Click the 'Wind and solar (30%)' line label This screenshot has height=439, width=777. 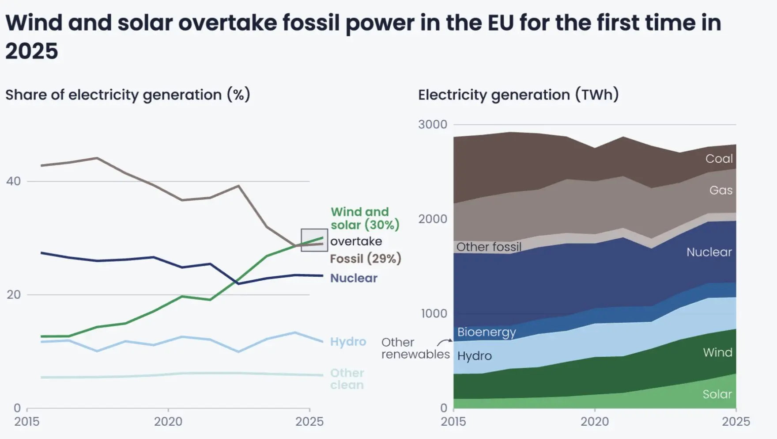[365, 218]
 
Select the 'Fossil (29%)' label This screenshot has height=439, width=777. [365, 259]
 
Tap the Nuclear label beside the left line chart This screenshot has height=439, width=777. [354, 278]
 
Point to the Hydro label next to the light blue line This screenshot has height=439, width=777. [348, 342]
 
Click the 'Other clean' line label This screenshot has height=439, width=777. [347, 379]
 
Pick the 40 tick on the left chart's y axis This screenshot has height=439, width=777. [14, 181]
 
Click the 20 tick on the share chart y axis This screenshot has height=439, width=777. [14, 295]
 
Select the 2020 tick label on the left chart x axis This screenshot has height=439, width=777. [168, 422]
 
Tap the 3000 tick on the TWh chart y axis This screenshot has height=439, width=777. [432, 125]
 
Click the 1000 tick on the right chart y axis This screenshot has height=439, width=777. [434, 314]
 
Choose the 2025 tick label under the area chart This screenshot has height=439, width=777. [736, 422]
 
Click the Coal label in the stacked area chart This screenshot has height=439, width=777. [719, 159]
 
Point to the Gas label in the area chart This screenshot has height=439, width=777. [720, 191]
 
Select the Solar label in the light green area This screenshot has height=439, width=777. [717, 394]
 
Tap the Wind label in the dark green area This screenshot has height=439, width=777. [717, 352]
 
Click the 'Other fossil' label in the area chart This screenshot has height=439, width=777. [489, 247]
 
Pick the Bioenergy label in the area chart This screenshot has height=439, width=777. [487, 332]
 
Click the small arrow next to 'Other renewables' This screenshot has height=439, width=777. [444, 342]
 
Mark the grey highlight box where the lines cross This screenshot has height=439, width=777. [314, 240]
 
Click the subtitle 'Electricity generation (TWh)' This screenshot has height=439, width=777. [518, 95]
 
